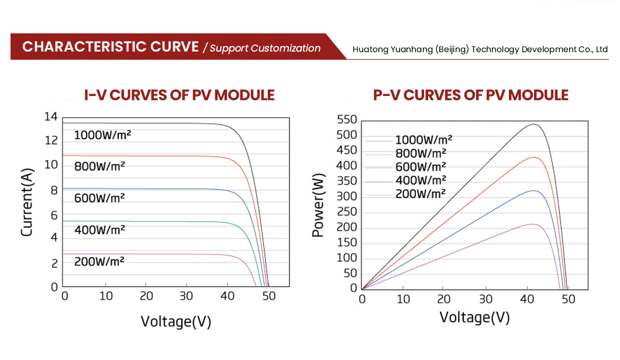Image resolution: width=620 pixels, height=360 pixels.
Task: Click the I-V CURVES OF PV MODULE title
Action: [179, 95]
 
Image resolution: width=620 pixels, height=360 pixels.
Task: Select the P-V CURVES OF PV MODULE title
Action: [470, 95]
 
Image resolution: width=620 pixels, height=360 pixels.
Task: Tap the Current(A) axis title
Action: [27, 202]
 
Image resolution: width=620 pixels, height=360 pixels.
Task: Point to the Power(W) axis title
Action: [318, 205]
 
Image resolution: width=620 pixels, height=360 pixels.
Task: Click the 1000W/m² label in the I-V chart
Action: [102, 135]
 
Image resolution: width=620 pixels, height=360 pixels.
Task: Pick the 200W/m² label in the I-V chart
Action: [99, 261]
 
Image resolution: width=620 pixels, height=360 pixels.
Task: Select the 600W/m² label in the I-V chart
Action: [99, 198]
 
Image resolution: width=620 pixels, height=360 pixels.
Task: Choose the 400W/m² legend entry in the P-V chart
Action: [421, 180]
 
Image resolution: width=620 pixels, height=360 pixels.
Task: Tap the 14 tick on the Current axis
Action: [51, 117]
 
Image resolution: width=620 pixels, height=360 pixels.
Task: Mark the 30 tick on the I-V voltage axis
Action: [187, 296]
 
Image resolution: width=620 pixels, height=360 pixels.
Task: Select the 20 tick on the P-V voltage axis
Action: [444, 299]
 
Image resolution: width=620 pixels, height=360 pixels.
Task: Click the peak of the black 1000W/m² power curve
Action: [533, 124]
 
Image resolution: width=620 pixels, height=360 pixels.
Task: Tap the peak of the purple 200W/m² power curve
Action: [532, 224]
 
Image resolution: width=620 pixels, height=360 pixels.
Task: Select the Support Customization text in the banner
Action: [265, 48]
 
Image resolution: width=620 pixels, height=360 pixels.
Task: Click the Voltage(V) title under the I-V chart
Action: [175, 321]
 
